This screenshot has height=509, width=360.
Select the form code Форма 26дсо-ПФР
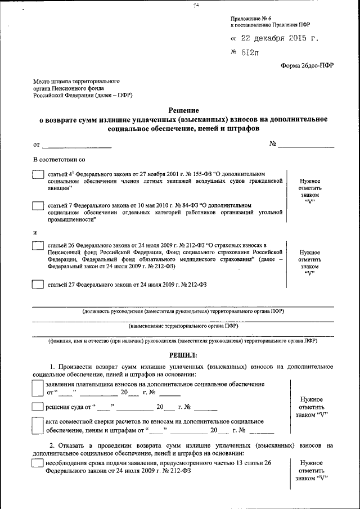pyautogui.click(x=307, y=65)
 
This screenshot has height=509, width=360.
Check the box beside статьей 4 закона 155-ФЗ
pyautogui.click(x=38, y=175)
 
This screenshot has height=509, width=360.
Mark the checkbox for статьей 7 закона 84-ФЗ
pyautogui.click(x=38, y=206)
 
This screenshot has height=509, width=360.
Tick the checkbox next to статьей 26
pyautogui.click(x=38, y=245)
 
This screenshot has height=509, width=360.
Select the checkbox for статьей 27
pyautogui.click(x=38, y=285)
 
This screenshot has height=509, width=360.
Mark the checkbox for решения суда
pyautogui.click(x=37, y=407)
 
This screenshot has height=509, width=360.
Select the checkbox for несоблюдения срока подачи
pyautogui.click(x=37, y=463)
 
